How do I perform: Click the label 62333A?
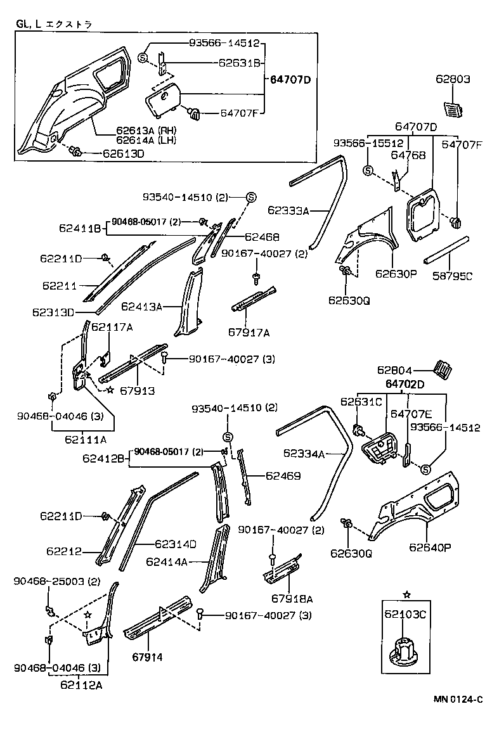[288, 210]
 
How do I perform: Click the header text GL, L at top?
[29, 25]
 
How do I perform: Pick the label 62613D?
[124, 153]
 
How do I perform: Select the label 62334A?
[304, 454]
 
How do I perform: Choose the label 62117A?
[112, 327]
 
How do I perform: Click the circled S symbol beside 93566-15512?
[367, 170]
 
